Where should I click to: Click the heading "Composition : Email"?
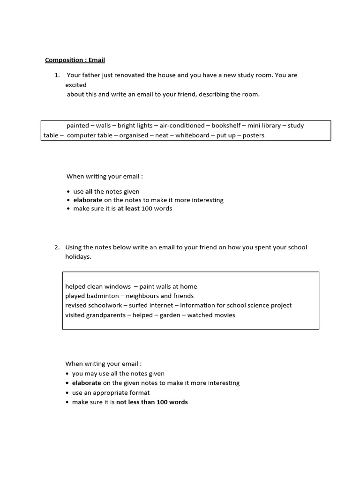75,60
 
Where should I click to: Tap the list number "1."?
57,75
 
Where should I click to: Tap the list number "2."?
57,247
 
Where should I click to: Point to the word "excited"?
76,85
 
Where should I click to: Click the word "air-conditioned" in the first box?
182,126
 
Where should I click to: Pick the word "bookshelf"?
227,126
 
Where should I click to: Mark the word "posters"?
253,135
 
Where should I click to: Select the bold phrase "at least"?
128,209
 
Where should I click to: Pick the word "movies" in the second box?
225,315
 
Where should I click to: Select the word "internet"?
157,305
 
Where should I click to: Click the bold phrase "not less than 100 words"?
152,402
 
